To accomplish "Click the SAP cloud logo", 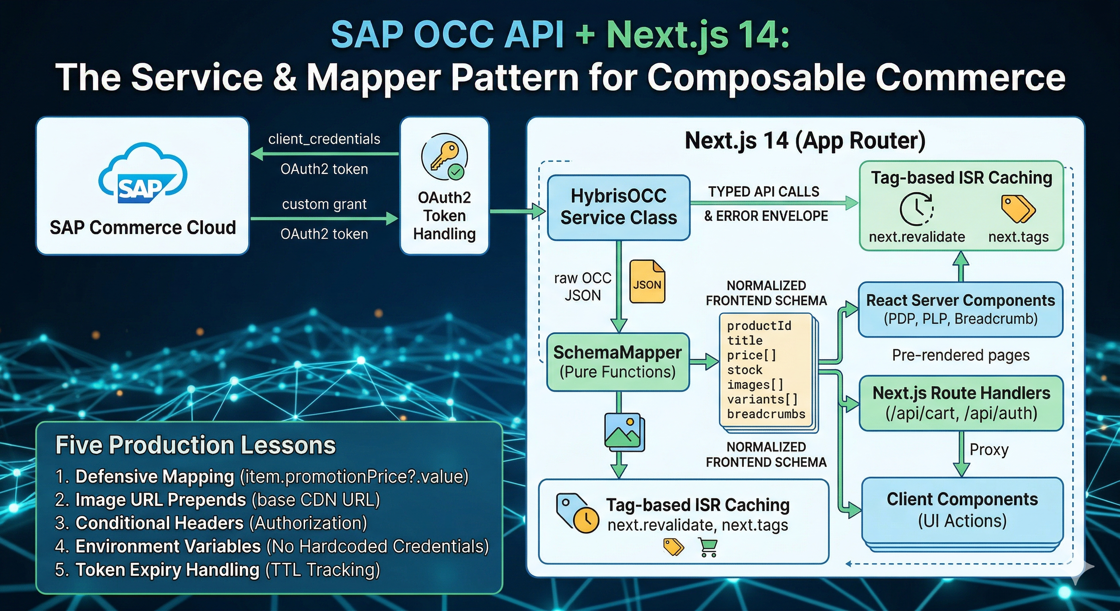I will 143,173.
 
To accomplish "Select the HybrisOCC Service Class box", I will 618,207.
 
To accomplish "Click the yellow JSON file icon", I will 647,281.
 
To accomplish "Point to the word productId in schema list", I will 759,326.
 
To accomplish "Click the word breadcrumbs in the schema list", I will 766,414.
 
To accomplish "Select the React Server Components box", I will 961,309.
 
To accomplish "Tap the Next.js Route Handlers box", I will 961,403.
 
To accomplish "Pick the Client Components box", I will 962,510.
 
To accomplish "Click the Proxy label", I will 989,449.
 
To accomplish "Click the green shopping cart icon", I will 708,547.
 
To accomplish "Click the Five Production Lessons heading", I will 196,445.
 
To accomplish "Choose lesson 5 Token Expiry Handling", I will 218,570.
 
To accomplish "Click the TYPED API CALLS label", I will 764,192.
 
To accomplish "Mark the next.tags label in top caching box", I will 1018,237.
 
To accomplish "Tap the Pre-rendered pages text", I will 961,355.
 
